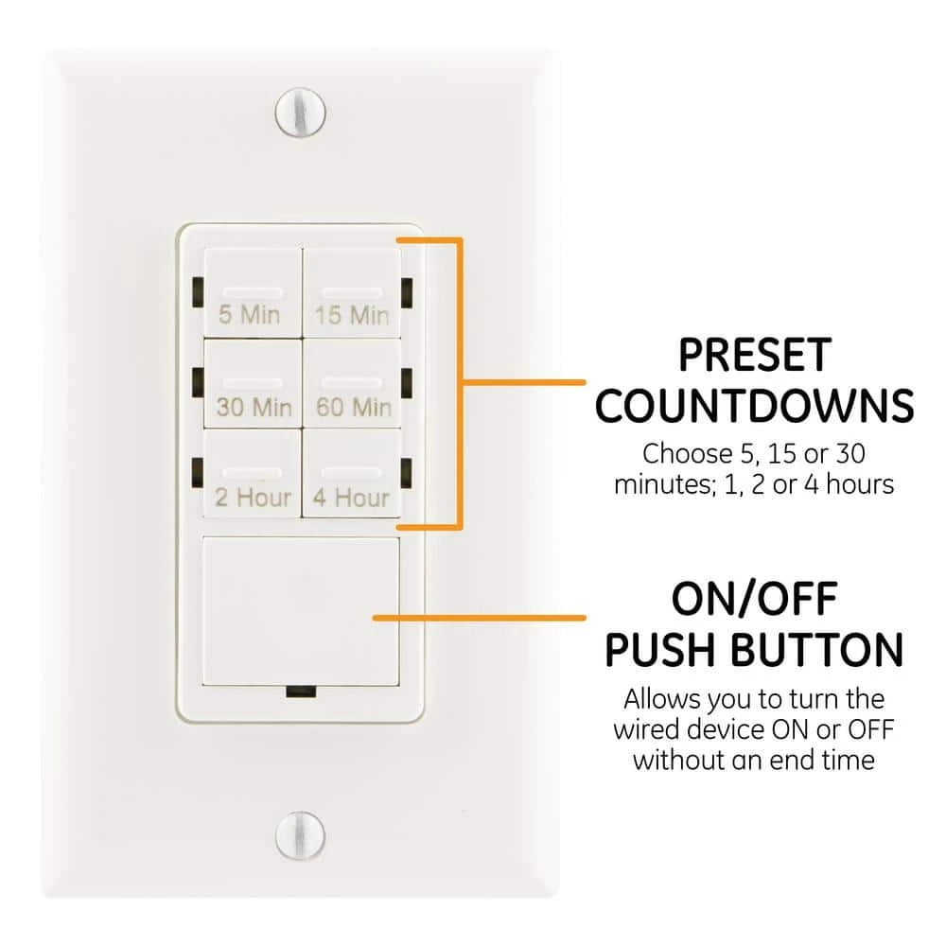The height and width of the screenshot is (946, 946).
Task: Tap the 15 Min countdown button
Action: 352,293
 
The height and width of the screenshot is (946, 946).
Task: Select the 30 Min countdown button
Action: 253,384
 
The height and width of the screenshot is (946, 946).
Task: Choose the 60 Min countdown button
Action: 352,384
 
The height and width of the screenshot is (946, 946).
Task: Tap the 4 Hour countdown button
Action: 352,473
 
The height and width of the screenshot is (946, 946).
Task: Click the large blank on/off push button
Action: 301,610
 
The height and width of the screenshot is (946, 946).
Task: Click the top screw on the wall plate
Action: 301,113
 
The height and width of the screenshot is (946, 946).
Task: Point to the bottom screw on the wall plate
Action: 300,835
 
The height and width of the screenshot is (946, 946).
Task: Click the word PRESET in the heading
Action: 755,356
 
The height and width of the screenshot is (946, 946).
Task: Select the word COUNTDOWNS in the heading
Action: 754,406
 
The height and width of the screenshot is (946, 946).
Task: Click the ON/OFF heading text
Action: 754,599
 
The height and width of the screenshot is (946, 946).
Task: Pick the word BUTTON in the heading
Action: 817,649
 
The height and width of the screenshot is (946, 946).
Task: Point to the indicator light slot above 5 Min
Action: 253,292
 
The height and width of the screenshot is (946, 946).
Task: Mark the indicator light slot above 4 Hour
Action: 352,472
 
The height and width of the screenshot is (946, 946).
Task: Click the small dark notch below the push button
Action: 301,692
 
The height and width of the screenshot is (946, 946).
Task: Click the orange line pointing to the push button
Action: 479,618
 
